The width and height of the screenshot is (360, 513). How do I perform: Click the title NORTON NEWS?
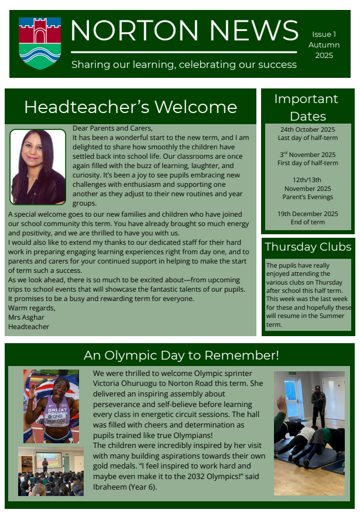click(x=184, y=30)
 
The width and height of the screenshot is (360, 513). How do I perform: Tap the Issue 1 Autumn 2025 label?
click(x=324, y=45)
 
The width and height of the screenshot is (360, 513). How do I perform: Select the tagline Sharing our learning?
click(x=184, y=64)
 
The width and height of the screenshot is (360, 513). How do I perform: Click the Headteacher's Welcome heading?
click(x=131, y=107)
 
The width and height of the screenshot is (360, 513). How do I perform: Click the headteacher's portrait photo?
click(x=37, y=167)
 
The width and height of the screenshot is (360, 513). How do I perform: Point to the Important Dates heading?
click(x=306, y=107)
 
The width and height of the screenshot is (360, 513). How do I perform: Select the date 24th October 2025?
click(x=307, y=129)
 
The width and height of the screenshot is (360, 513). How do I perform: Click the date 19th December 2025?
click(x=307, y=214)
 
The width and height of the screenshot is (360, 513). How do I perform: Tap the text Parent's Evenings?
click(x=307, y=197)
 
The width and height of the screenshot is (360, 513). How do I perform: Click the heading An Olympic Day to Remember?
click(x=181, y=355)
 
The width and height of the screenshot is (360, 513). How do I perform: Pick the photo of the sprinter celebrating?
click(x=51, y=406)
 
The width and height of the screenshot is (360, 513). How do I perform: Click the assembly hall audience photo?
click(x=50, y=471)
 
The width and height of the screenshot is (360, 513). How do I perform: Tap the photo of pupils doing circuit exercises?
click(x=309, y=433)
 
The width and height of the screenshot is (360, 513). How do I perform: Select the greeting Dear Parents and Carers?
click(x=112, y=128)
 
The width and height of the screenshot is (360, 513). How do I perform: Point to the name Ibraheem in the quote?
click(x=109, y=487)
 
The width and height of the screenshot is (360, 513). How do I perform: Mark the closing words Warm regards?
click(x=32, y=308)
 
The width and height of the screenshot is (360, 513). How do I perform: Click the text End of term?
click(x=307, y=222)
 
